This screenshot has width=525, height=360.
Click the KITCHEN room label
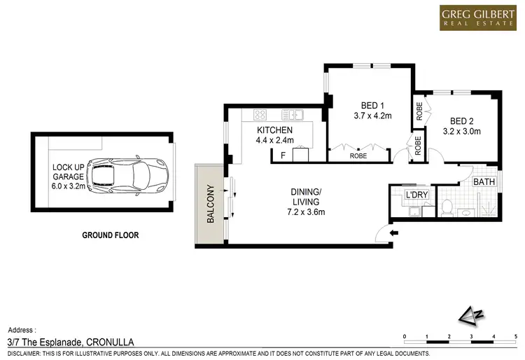click(274, 131)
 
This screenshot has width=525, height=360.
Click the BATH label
click(484, 182)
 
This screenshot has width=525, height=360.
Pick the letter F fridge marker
click(282, 155)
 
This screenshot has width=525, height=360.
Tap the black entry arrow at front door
click(393, 233)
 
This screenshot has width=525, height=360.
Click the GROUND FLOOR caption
click(110, 235)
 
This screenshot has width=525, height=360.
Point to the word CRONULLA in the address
click(115, 341)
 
